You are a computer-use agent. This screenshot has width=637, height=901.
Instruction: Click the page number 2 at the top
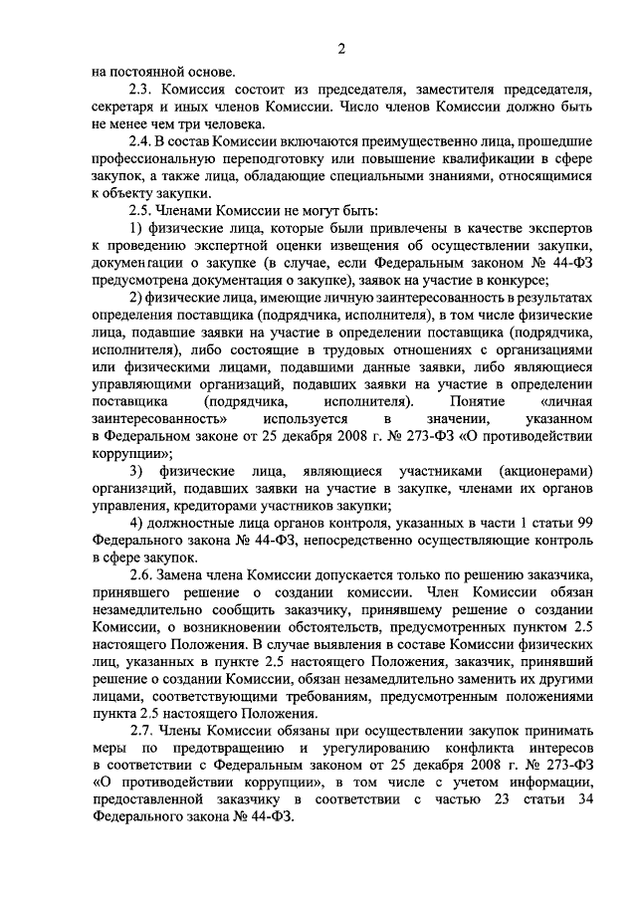point(342,50)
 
